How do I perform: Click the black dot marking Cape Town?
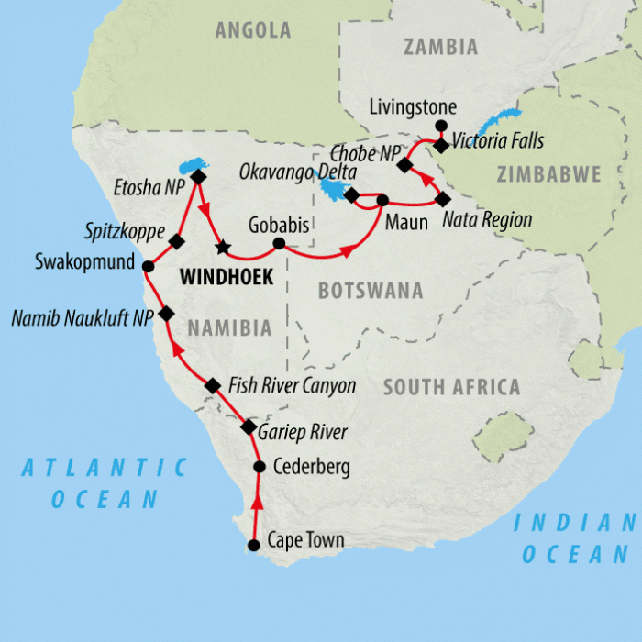pyautogui.click(x=254, y=546)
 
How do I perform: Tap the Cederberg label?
pyautogui.click(x=312, y=468)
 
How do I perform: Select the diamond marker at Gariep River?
pyautogui.click(x=248, y=427)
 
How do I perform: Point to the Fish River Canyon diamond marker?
pyautogui.click(x=213, y=386)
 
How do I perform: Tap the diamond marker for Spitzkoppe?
pyautogui.click(x=177, y=241)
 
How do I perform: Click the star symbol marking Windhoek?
pyautogui.click(x=221, y=247)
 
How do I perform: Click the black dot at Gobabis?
pyautogui.click(x=279, y=244)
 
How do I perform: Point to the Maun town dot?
pyautogui.click(x=382, y=200)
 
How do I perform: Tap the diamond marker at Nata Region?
pyautogui.click(x=443, y=199)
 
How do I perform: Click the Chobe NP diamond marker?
pyautogui.click(x=404, y=166)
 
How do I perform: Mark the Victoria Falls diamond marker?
pyautogui.click(x=441, y=145)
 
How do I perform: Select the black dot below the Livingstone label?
pyautogui.click(x=441, y=126)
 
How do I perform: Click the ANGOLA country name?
pyautogui.click(x=252, y=30)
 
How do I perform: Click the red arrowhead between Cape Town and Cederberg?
pyautogui.click(x=256, y=503)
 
